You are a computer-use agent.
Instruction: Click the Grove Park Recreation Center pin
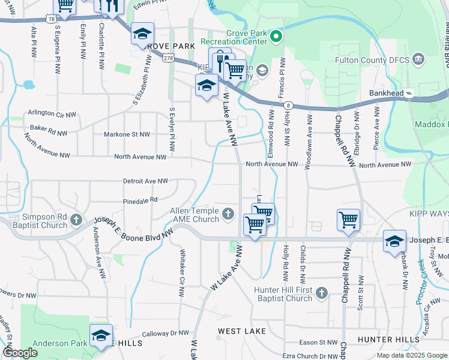point(276,37)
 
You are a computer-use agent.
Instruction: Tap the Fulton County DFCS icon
point(419,59)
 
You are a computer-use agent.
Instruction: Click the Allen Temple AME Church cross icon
point(228,214)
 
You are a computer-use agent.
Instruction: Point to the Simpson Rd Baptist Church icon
point(76,220)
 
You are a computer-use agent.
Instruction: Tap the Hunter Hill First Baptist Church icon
point(322,293)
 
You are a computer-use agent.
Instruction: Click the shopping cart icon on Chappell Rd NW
point(349,220)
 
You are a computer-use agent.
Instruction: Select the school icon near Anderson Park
point(101,334)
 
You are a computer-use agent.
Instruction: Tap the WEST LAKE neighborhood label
point(238,331)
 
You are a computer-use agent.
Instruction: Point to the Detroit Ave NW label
point(145,181)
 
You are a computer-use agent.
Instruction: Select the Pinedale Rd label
point(140,200)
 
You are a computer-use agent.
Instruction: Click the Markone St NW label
point(127,134)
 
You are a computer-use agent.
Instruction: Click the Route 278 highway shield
point(168,58)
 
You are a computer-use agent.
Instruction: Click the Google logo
point(19,353)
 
